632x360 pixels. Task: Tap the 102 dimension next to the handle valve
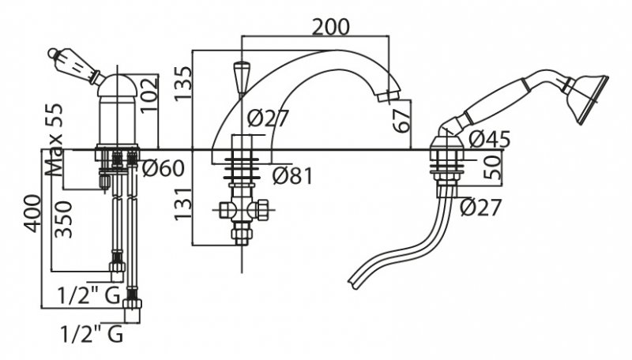[148, 95]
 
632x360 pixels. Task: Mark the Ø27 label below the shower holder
[480, 208]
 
